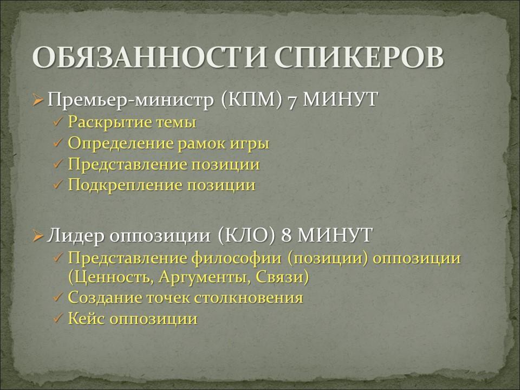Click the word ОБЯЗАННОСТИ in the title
pos(149,57)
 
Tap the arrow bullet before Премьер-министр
pos(38,100)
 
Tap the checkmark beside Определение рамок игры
pos(58,143)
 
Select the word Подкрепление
pos(125,185)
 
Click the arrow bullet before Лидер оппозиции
pos(38,236)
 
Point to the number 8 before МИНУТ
pos(287,236)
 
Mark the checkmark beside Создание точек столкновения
pos(58,297)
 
